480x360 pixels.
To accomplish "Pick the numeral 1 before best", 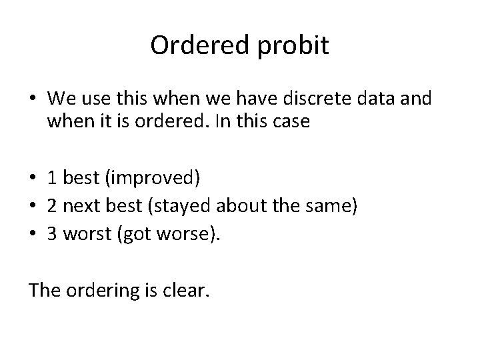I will click(x=52, y=178).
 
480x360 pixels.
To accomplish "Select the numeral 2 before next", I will click(x=52, y=206).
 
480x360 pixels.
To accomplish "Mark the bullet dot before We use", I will click(x=33, y=100).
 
